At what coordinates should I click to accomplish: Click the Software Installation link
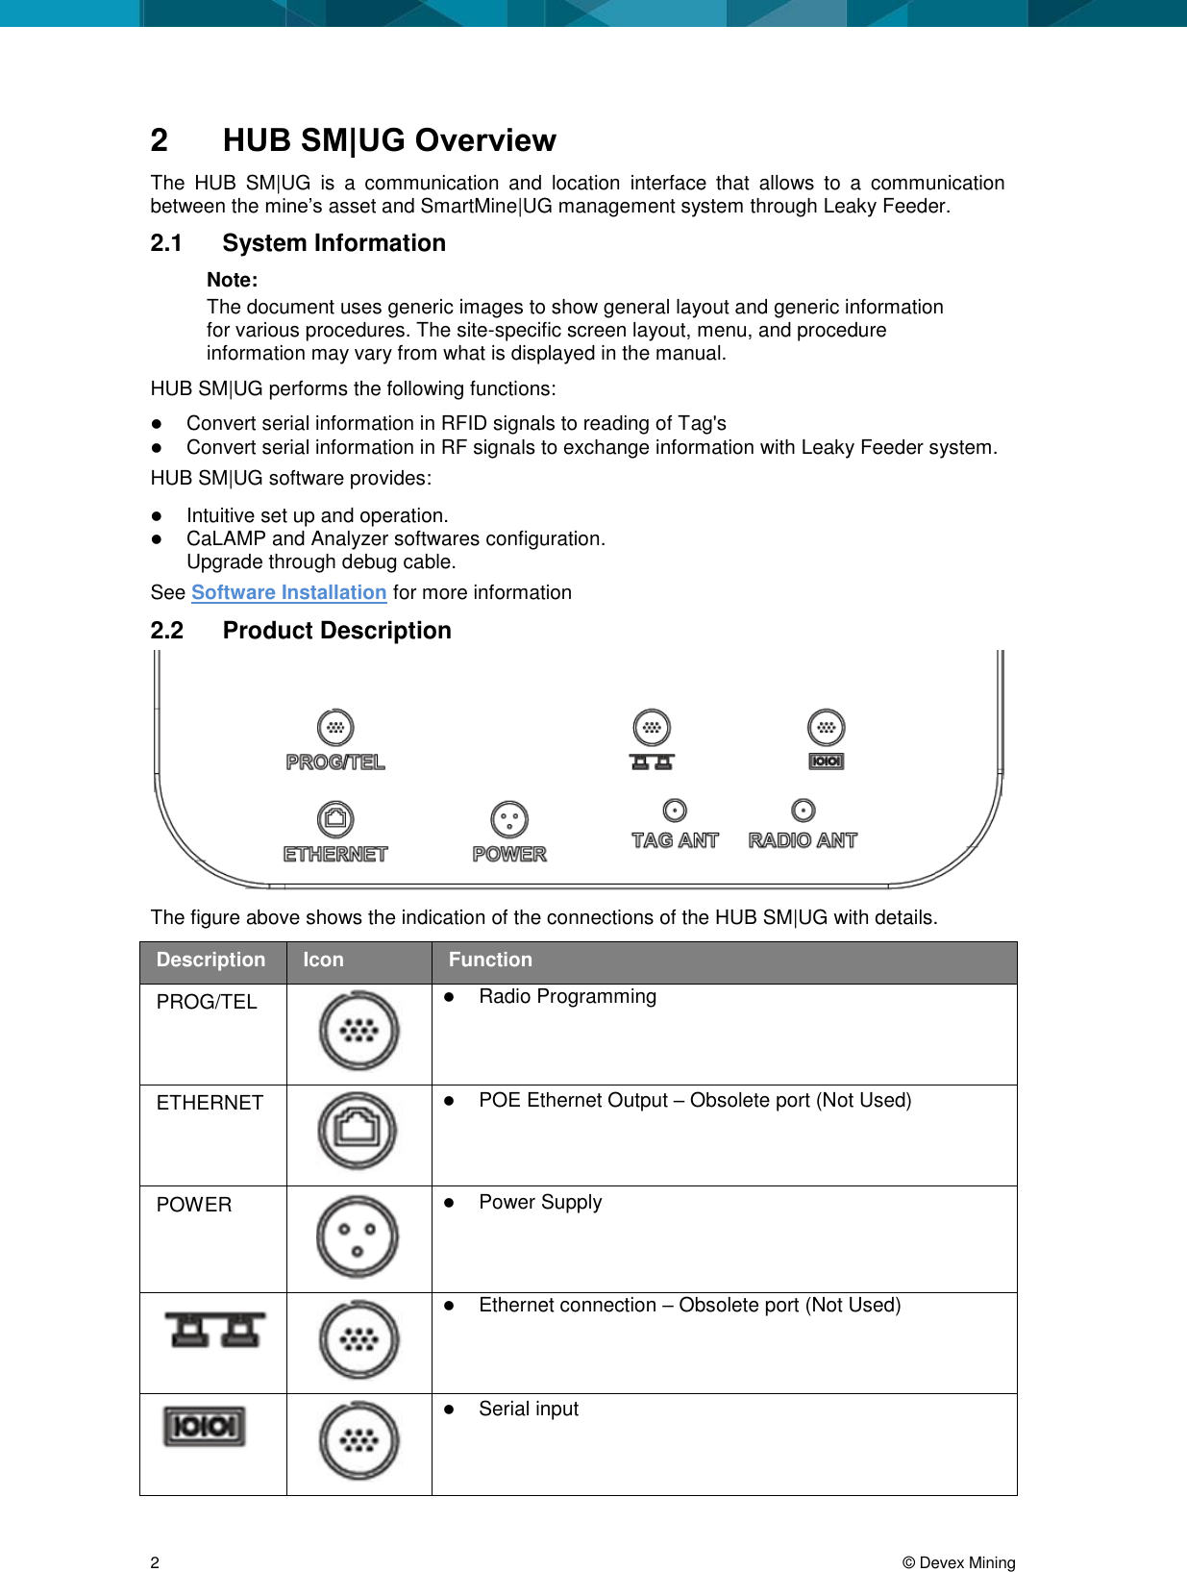click(x=288, y=592)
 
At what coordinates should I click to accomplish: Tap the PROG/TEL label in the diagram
click(x=335, y=762)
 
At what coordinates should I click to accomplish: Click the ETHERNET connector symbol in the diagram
click(x=335, y=819)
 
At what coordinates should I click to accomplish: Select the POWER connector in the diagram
click(x=509, y=820)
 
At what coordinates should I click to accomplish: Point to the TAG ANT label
click(x=675, y=840)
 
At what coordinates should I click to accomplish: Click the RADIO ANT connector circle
click(x=804, y=811)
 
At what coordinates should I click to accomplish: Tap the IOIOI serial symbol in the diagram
click(x=827, y=761)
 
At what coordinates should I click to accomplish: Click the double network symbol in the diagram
click(x=652, y=762)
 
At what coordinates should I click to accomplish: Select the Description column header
click(x=210, y=960)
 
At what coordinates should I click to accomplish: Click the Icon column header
click(x=323, y=960)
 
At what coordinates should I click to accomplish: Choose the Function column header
click(x=490, y=960)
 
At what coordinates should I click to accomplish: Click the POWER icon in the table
click(x=359, y=1237)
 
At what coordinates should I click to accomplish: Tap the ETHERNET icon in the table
click(x=359, y=1131)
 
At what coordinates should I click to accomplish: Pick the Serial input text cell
click(x=529, y=1409)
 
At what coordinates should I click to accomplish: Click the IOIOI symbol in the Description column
click(x=205, y=1426)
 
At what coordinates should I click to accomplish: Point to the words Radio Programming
click(x=567, y=997)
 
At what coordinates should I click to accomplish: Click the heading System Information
click(x=334, y=243)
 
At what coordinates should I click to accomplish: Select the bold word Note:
click(x=233, y=280)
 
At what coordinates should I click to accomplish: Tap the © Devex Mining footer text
click(x=958, y=1562)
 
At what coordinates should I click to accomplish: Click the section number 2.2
click(x=167, y=631)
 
